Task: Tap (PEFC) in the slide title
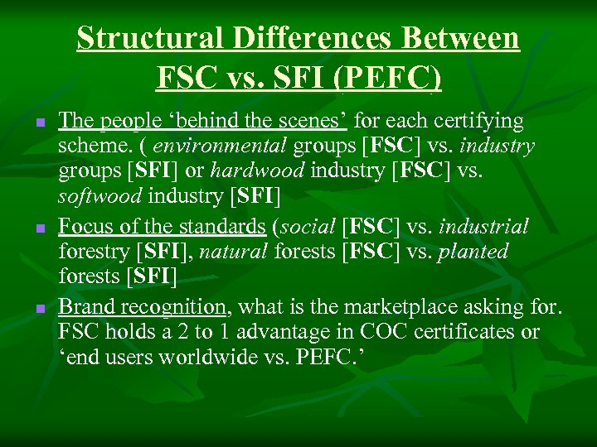tap(390, 78)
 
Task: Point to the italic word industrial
tap(484, 225)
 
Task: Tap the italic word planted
tap(473, 251)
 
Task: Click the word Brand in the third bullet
tap(86, 307)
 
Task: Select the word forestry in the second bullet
tap(93, 251)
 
